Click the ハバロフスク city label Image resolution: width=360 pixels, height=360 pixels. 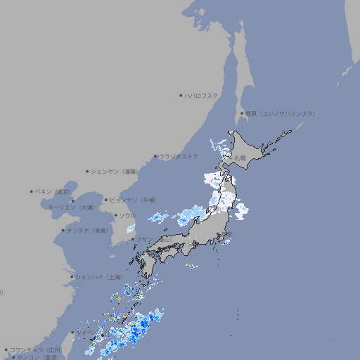202,95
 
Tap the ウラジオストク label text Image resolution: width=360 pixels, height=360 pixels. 179,156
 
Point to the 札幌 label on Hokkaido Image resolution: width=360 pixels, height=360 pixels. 240,158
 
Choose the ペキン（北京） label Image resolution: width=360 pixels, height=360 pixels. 53,191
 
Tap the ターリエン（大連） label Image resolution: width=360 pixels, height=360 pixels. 71,207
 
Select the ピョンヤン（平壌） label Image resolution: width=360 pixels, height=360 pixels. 133,200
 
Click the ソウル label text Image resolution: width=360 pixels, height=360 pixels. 127,215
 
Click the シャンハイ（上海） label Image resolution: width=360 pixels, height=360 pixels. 98,277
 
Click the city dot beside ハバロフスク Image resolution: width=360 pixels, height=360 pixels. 181,95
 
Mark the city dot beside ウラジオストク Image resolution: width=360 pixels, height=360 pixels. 155,156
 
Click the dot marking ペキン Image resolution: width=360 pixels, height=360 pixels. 32,191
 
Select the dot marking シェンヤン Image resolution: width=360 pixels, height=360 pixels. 87,171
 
